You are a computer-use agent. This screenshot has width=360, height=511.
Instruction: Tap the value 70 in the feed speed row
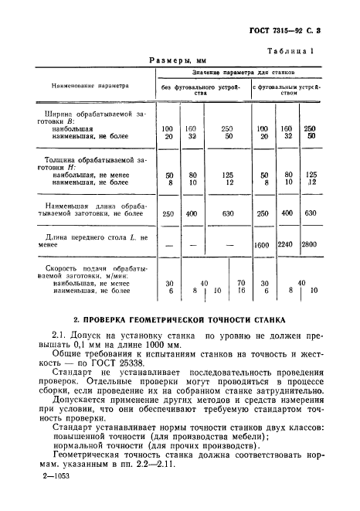click(240, 283)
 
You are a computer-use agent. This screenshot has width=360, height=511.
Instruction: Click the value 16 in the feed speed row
click(240, 291)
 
